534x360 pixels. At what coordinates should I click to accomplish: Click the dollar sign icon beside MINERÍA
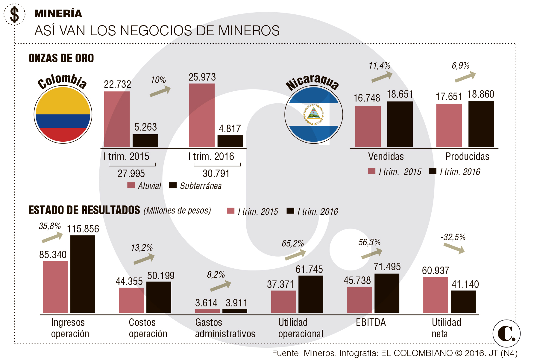(x=14, y=14)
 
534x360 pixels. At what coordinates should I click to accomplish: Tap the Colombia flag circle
(x=63, y=114)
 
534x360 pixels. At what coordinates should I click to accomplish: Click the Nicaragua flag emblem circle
(x=313, y=114)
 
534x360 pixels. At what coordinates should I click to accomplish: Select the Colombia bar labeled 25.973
(x=202, y=115)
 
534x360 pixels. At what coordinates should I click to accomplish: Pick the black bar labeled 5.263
(x=145, y=140)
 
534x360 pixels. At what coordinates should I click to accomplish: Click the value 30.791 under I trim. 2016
(x=216, y=173)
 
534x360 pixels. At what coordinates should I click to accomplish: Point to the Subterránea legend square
(x=173, y=185)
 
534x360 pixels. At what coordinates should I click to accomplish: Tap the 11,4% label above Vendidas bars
(x=379, y=66)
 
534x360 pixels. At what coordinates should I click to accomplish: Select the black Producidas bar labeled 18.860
(x=481, y=124)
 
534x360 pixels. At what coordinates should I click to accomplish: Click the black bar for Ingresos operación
(x=83, y=274)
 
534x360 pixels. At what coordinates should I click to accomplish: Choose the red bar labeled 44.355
(x=131, y=300)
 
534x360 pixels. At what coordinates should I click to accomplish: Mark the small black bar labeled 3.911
(x=235, y=311)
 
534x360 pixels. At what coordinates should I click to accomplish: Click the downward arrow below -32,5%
(x=454, y=248)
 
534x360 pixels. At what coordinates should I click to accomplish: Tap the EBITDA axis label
(x=371, y=323)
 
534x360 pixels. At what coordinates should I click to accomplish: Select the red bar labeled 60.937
(x=436, y=295)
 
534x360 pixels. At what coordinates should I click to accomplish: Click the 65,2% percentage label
(x=292, y=243)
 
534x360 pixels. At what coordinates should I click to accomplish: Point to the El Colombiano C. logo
(x=506, y=333)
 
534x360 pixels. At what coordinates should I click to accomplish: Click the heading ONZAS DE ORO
(x=61, y=58)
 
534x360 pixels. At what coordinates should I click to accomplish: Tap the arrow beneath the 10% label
(x=160, y=91)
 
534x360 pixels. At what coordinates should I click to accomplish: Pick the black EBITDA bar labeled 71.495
(x=387, y=293)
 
